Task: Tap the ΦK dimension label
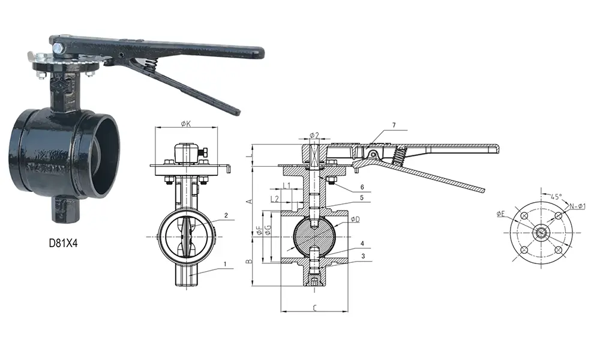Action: [x=185, y=124]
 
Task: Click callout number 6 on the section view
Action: [x=362, y=187]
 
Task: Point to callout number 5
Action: [x=362, y=197]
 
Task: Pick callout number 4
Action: [x=362, y=244]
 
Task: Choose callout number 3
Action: [x=362, y=256]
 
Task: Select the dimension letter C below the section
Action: [x=314, y=307]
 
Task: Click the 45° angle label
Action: [x=556, y=197]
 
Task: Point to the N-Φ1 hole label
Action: [x=577, y=206]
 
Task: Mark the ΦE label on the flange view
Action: [x=502, y=213]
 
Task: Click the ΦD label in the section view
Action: [x=355, y=219]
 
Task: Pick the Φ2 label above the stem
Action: [x=314, y=135]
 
